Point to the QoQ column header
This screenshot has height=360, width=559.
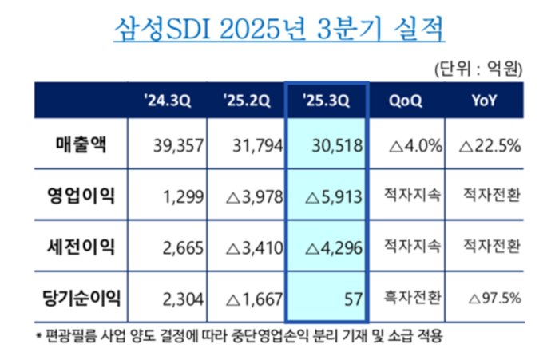click(406, 101)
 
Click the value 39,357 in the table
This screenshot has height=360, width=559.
click(178, 146)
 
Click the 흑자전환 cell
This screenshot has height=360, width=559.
click(407, 299)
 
